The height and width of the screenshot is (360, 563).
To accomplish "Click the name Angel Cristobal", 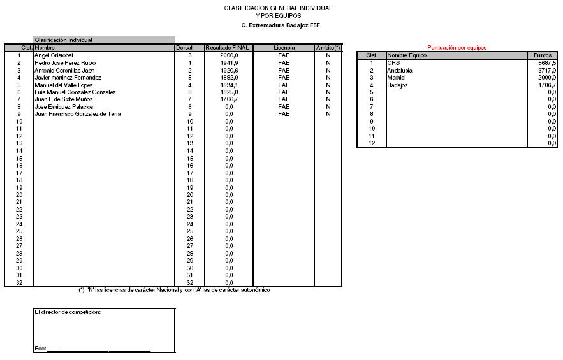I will click(54, 55).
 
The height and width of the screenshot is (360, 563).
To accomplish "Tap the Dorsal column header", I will click(184, 48).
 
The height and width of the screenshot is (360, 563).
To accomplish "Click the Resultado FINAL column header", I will click(228, 48).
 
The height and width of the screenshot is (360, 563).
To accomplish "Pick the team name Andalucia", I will click(400, 70).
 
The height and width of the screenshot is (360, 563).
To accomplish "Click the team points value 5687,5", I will click(546, 63).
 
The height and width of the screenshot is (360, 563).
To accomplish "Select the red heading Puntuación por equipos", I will click(457, 48).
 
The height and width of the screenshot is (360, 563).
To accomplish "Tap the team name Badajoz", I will click(397, 85).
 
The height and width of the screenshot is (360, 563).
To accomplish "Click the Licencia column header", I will click(284, 48).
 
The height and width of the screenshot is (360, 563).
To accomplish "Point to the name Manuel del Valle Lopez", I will click(63, 85).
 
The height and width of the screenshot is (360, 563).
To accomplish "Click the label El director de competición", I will click(68, 312).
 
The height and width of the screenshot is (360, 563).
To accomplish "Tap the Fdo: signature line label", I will click(41, 349).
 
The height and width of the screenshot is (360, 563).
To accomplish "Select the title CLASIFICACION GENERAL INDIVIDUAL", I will click(278, 8).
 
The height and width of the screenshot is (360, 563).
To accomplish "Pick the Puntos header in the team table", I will click(543, 55).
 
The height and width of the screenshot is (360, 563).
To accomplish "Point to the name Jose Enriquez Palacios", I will click(63, 107).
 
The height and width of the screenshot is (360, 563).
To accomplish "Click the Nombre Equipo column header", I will click(407, 55).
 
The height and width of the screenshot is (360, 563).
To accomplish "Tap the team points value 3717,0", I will click(546, 70).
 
